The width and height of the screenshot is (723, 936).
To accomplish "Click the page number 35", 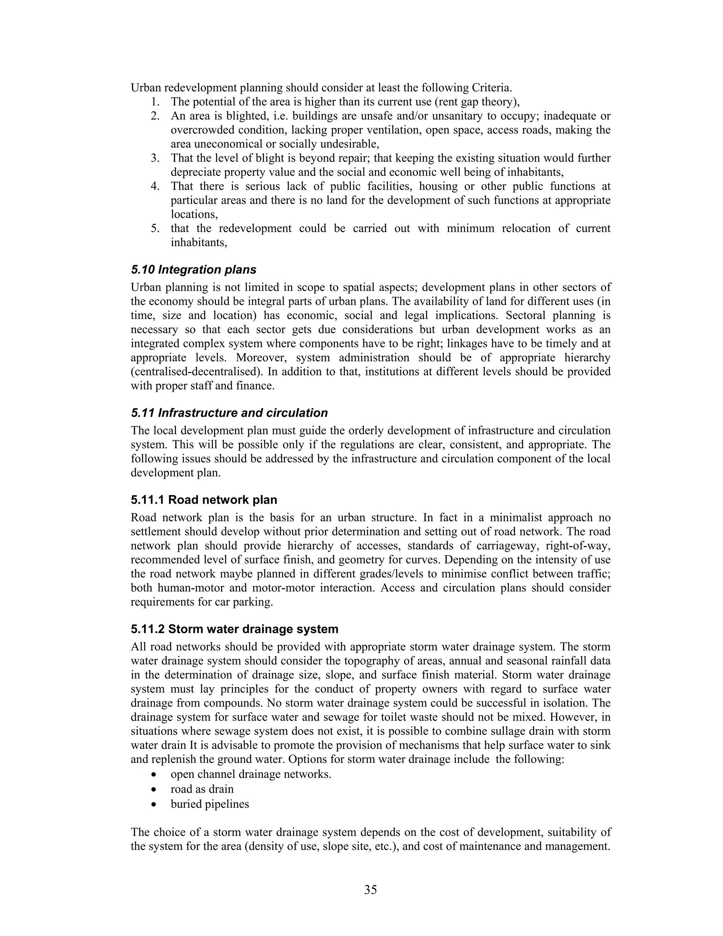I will (x=370, y=890).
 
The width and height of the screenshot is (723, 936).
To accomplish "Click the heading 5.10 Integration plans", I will (x=193, y=269).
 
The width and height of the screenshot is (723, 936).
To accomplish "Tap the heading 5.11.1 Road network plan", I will (x=204, y=500).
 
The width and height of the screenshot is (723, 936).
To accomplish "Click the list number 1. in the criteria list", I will (x=155, y=102).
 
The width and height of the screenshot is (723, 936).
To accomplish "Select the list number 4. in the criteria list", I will (x=155, y=186).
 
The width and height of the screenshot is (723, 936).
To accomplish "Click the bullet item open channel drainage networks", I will (x=251, y=775).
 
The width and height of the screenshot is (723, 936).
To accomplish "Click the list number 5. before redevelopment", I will (x=155, y=229).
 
